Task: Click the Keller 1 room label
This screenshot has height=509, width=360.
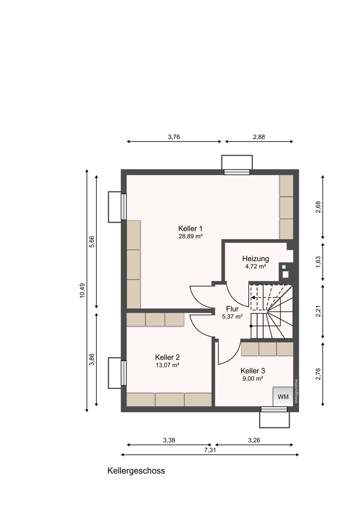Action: coord(190,228)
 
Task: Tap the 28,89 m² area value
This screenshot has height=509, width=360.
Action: coord(190,236)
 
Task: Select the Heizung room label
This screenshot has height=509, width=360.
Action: coord(256,259)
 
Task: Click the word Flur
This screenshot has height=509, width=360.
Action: coord(232,309)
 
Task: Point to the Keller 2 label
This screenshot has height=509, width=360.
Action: coord(167,357)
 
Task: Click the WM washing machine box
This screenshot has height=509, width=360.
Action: coord(283,397)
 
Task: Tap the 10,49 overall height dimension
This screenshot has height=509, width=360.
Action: coord(82,291)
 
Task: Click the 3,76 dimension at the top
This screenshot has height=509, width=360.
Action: coord(174,137)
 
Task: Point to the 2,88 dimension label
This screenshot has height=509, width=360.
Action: coord(259,137)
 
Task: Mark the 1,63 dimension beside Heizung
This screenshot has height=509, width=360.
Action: coord(318,262)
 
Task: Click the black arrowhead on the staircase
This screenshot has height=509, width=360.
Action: coord(253,297)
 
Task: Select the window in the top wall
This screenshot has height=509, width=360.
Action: coord(237,172)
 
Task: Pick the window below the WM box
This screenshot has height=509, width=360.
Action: coord(274,409)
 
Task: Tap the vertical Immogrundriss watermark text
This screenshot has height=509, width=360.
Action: coord(296,391)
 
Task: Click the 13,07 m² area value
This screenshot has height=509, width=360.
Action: coord(167,365)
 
